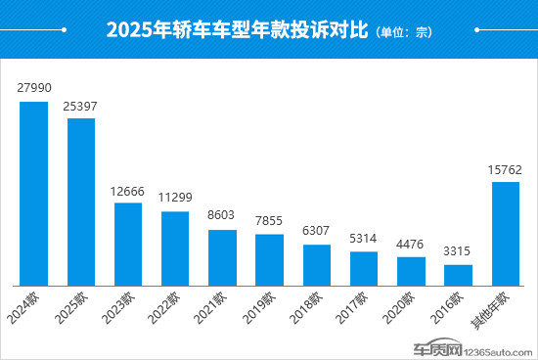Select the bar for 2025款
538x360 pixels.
pos(81,201)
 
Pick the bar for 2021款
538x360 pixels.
pos(222,257)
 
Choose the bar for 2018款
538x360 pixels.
pos(316,264)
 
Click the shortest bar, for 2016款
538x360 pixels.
pos(458,274)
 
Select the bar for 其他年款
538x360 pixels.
pos(505,233)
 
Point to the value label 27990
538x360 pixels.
pos(34,88)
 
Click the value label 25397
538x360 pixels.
pos(81,105)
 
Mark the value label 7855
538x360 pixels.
pos(269,220)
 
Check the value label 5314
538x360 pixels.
pos(364,238)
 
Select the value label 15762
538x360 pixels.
pos(505,168)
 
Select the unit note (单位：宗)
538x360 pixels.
pos(403,32)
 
